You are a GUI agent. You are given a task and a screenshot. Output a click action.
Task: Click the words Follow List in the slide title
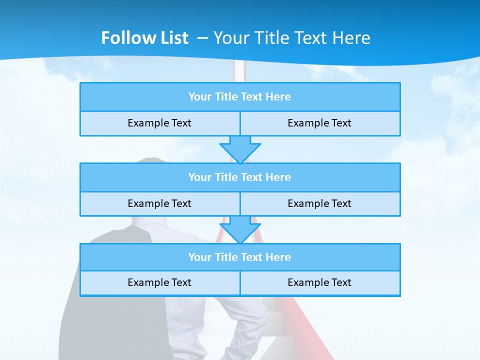[144, 38]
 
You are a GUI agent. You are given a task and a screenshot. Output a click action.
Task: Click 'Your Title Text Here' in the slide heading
[291, 38]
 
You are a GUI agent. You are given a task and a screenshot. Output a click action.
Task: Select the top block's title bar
[240, 97]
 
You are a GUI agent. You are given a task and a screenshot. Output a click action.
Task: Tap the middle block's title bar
[240, 177]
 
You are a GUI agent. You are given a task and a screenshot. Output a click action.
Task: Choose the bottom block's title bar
[240, 257]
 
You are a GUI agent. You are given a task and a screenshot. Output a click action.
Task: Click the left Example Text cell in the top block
[159, 123]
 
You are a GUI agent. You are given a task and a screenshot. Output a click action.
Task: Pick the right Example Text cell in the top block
[319, 123]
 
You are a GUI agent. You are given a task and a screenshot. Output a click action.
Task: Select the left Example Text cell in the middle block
[159, 204]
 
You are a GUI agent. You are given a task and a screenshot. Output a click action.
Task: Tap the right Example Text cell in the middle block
[319, 204]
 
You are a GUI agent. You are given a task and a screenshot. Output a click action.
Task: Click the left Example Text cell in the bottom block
[159, 283]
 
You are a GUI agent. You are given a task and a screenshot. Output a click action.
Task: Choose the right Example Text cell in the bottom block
[319, 283]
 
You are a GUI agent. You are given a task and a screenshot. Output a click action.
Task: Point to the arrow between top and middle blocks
[240, 149]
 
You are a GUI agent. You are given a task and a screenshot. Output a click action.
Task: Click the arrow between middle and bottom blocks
[240, 229]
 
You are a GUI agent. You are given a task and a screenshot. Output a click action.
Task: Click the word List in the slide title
[174, 38]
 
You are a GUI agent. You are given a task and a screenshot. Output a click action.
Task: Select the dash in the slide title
[202, 38]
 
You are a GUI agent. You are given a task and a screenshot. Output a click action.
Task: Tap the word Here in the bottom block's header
[278, 257]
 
